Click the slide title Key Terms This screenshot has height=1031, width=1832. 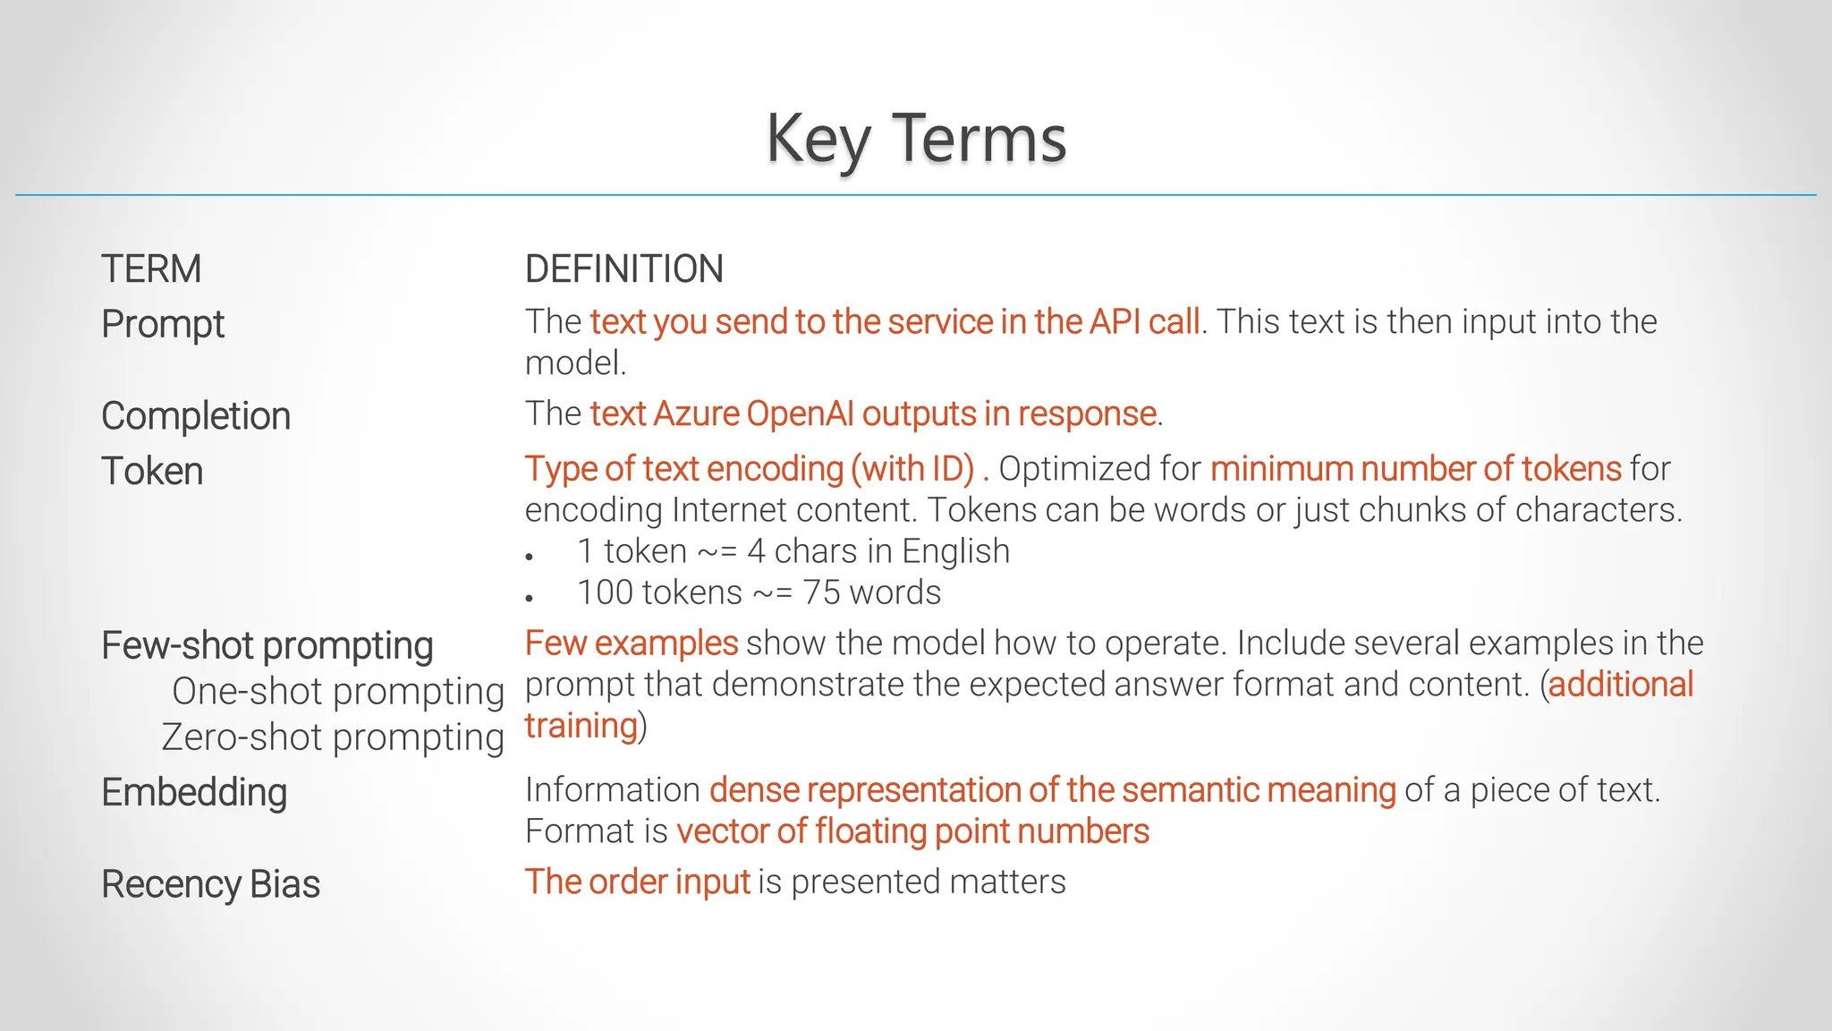915,139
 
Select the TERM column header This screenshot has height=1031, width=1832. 151,269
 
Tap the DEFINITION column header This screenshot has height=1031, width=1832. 623,269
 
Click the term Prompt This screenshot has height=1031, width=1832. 163,324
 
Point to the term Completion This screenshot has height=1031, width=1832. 196,416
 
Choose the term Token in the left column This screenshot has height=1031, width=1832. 152,472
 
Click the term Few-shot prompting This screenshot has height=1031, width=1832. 267,645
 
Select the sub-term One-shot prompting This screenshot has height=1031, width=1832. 338,691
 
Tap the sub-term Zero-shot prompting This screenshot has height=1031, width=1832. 333,737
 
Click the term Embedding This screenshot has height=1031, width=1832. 194,793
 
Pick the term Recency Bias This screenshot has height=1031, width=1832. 210,884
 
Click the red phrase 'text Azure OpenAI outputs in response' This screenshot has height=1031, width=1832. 873,414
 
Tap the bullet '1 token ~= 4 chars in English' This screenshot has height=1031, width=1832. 793,551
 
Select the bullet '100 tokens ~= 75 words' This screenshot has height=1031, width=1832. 759,592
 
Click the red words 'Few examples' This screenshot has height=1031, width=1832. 631,643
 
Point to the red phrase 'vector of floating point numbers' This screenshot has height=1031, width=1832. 912,831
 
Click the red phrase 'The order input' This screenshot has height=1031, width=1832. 637,882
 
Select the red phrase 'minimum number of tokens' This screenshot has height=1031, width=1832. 1415,469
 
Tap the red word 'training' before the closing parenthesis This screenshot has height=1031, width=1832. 581,726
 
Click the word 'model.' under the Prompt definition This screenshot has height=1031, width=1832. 575,363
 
